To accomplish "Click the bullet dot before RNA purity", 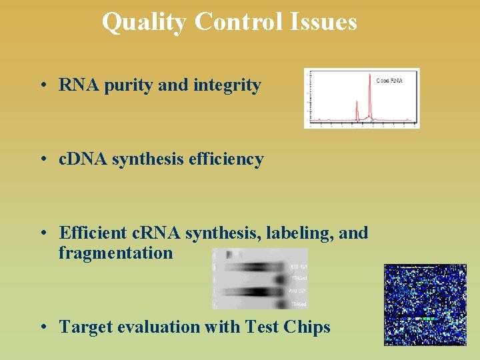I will click(42, 86).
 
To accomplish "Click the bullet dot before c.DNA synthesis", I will click(42, 160).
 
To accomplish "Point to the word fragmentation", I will click(115, 253).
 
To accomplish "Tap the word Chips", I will click(307, 327).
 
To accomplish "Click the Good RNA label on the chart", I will click(389, 81).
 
